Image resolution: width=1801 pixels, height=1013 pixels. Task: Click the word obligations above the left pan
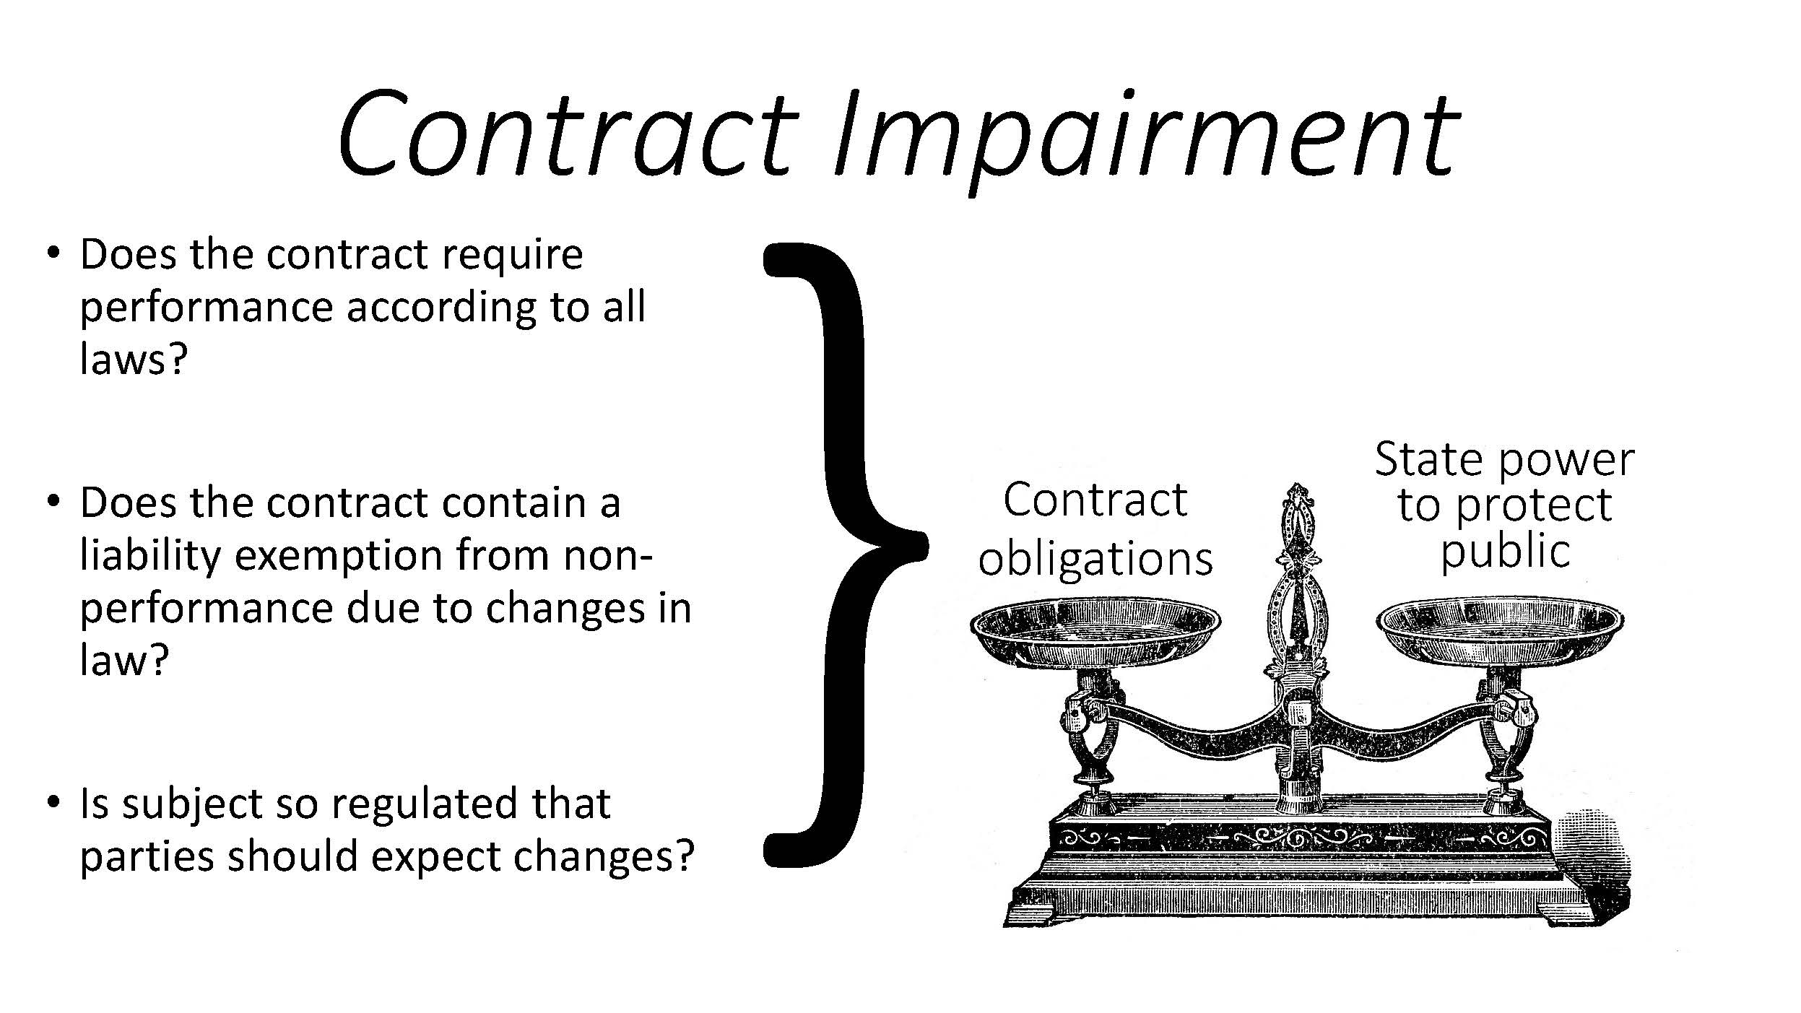(1095, 560)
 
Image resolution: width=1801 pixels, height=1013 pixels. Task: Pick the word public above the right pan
(1505, 553)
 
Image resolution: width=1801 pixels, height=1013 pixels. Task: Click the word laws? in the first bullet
(134, 359)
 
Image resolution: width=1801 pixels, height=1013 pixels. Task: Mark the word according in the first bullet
(441, 307)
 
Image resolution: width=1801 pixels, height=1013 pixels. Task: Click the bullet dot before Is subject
(52, 801)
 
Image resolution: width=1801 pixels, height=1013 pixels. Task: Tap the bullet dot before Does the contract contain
(52, 500)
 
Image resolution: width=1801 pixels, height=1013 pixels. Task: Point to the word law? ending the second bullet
(123, 660)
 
